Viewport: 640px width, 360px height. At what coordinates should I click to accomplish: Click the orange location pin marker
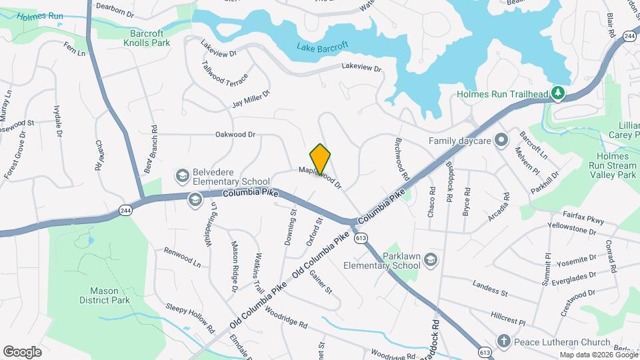(x=321, y=159)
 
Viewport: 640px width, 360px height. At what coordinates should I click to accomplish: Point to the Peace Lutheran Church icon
(x=503, y=341)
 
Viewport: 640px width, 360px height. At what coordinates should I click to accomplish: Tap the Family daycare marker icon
(x=502, y=141)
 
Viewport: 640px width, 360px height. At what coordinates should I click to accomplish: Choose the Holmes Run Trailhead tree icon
(x=559, y=93)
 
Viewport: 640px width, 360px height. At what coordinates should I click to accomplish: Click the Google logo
(x=22, y=351)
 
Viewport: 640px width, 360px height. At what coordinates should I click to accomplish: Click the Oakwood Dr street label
(x=235, y=135)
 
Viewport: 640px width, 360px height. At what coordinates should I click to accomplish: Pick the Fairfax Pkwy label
(x=583, y=216)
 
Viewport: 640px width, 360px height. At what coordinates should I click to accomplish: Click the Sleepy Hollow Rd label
(x=191, y=319)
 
